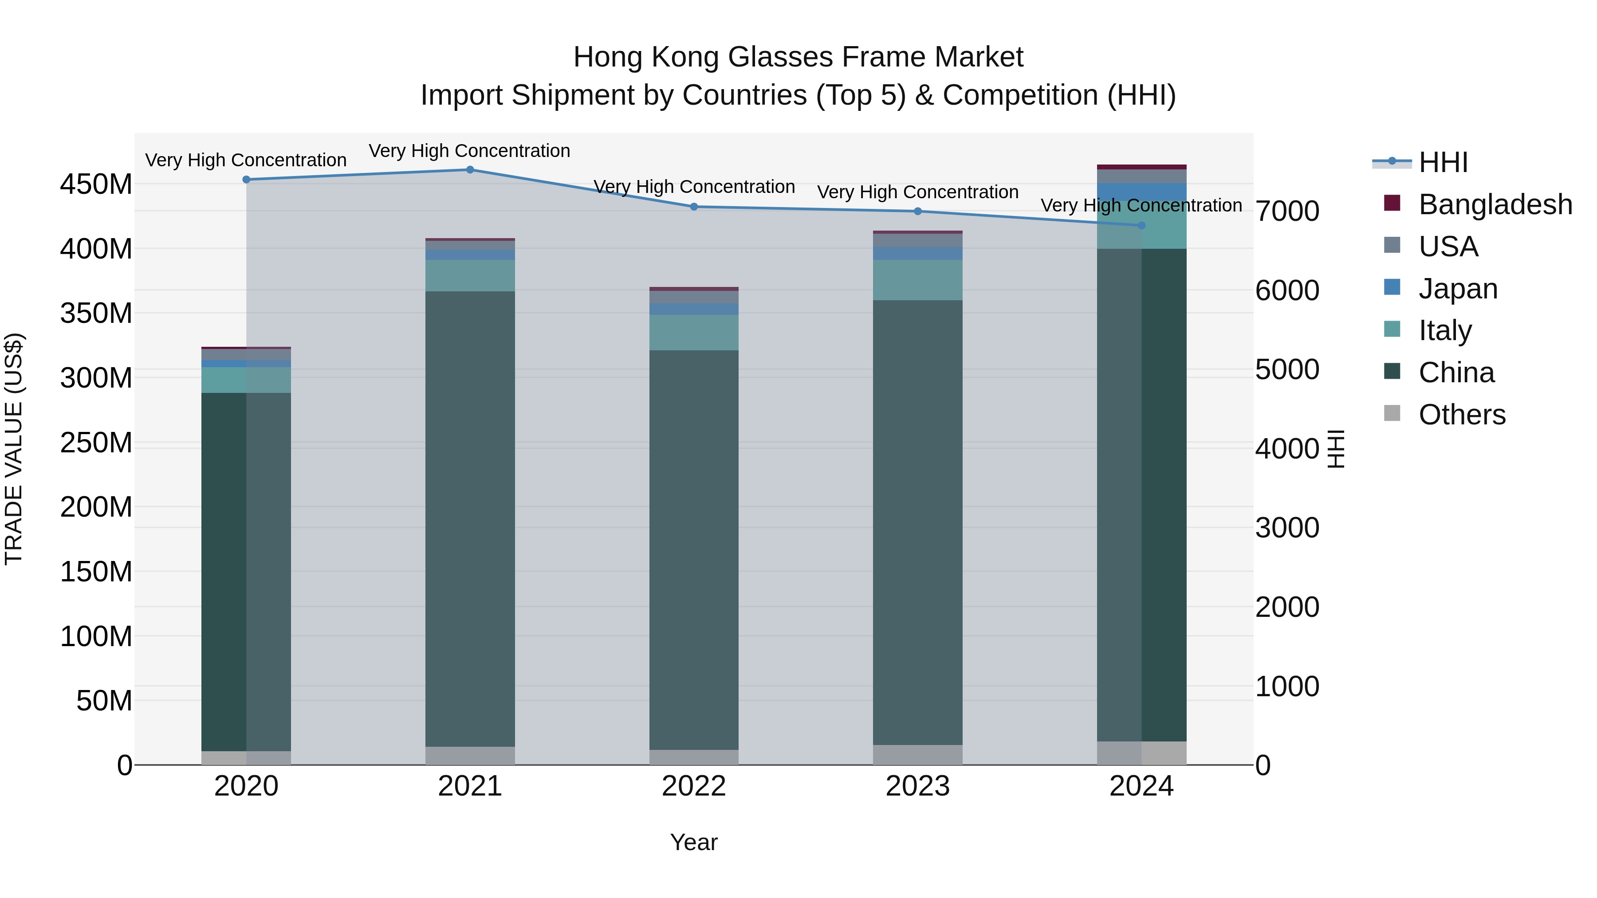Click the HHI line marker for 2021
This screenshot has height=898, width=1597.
tap(470, 170)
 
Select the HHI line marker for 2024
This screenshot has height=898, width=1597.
tap(1141, 226)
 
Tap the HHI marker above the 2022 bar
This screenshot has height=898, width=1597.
tap(694, 207)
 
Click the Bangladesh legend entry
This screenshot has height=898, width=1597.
tap(1494, 204)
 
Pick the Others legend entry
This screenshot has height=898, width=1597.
tap(1461, 415)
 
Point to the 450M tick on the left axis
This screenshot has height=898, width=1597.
tap(96, 184)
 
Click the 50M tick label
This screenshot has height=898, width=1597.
tap(104, 701)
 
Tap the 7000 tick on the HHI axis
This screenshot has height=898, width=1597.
tap(1287, 212)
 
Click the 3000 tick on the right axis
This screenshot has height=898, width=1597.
tap(1287, 528)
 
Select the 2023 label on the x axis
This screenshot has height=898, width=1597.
tap(917, 786)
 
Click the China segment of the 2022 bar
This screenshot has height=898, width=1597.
tap(694, 545)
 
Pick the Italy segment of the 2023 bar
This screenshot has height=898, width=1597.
tap(917, 280)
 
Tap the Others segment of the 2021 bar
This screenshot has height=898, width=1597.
tap(470, 756)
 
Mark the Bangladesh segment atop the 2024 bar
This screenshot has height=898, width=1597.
tap(1141, 167)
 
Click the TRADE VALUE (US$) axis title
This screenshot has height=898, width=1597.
tap(14, 449)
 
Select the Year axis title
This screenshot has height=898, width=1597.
tap(694, 842)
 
